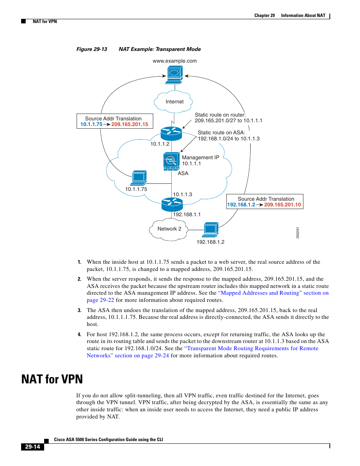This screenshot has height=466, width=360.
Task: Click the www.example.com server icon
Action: point(174,74)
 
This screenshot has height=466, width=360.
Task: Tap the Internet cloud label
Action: point(174,102)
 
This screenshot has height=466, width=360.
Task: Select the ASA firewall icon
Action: point(171,161)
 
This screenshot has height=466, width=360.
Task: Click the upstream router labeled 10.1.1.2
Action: point(171,133)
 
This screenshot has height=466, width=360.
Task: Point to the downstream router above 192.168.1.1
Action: point(172,204)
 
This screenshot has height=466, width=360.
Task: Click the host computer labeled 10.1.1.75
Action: point(139,178)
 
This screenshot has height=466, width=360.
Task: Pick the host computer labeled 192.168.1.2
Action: point(211,229)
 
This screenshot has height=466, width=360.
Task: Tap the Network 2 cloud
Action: point(169,229)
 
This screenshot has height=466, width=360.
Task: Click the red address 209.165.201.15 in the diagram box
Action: point(129,125)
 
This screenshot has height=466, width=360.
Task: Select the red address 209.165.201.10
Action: point(282,205)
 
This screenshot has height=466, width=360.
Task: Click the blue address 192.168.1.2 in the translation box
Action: point(241,205)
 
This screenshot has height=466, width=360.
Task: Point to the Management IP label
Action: point(200,158)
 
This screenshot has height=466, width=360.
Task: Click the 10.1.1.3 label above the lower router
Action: point(182,195)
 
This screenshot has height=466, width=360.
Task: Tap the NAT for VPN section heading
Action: point(52,379)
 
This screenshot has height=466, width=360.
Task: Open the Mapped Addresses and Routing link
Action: point(260,293)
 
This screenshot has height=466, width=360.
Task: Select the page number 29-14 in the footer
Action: point(32,447)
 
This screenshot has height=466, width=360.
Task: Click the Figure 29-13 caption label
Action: point(92,49)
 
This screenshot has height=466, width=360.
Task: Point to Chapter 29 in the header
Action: point(264,15)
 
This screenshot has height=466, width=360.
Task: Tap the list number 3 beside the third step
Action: point(79,311)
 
